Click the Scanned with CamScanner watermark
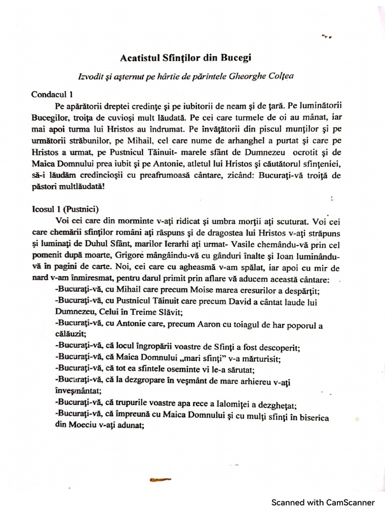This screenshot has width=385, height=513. point(323,488)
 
